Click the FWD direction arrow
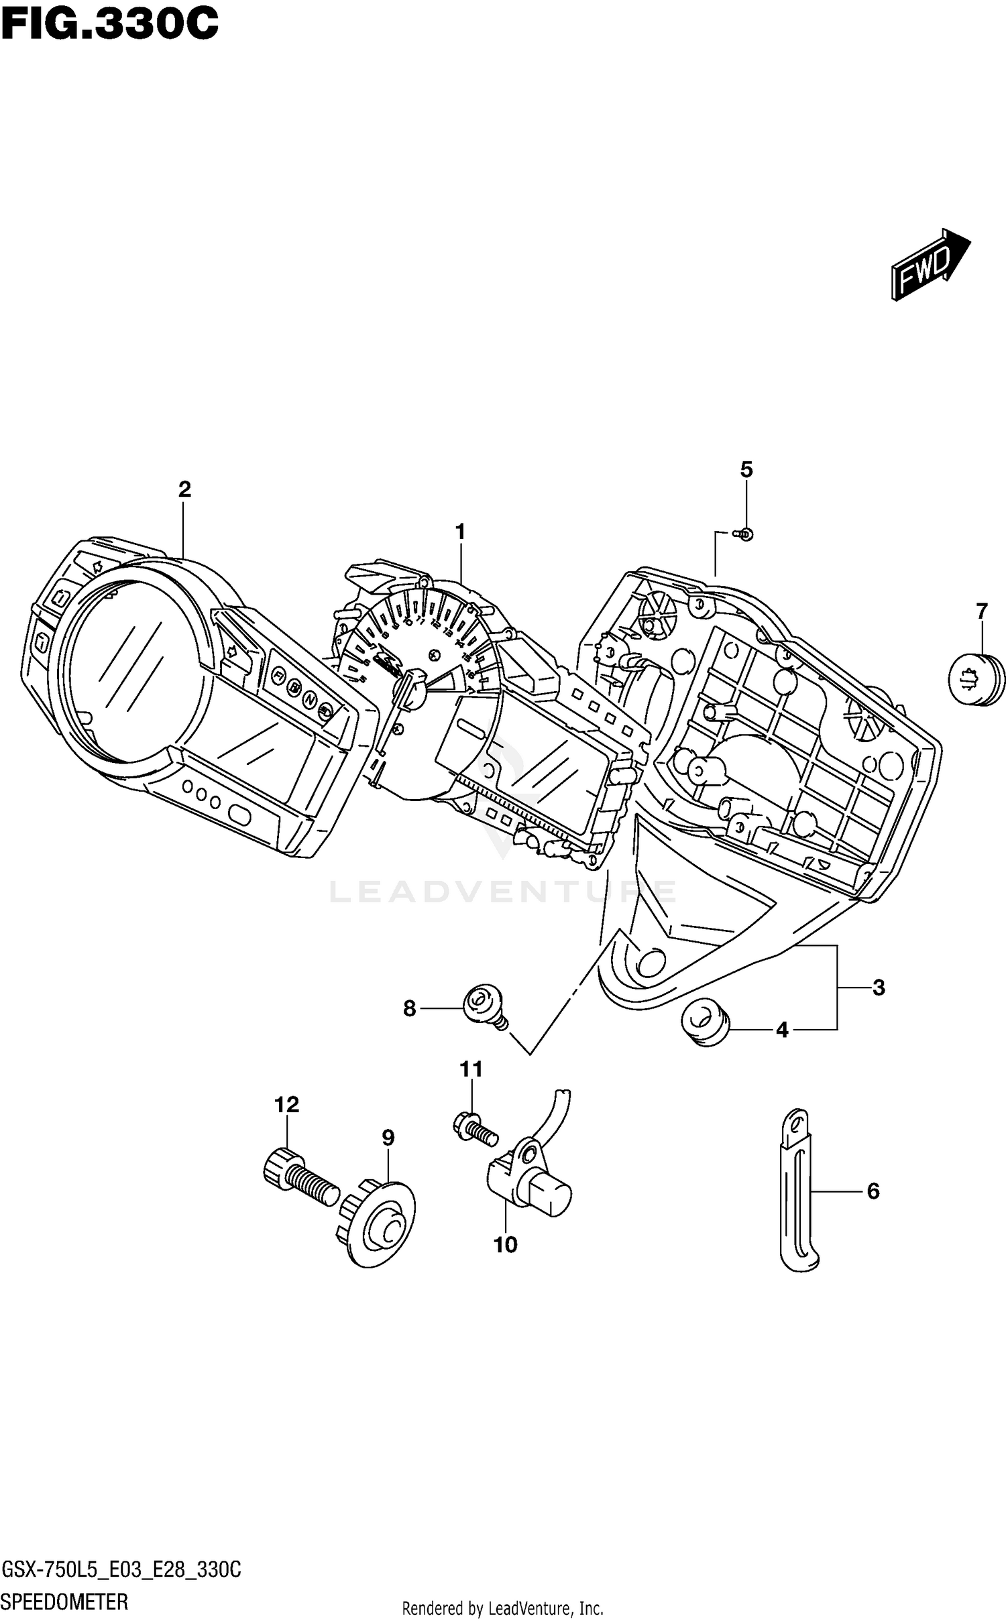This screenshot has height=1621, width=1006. click(929, 263)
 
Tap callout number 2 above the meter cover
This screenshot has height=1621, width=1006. click(184, 489)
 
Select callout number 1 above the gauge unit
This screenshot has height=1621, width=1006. click(460, 532)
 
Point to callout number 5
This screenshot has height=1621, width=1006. click(746, 469)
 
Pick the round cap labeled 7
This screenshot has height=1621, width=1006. click(977, 680)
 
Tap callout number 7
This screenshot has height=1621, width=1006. click(981, 611)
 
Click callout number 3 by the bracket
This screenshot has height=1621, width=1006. click(879, 987)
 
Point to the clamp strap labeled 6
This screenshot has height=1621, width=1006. click(797, 1191)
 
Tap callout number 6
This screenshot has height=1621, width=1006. click(873, 1191)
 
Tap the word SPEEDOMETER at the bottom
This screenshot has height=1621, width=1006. click(66, 1602)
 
